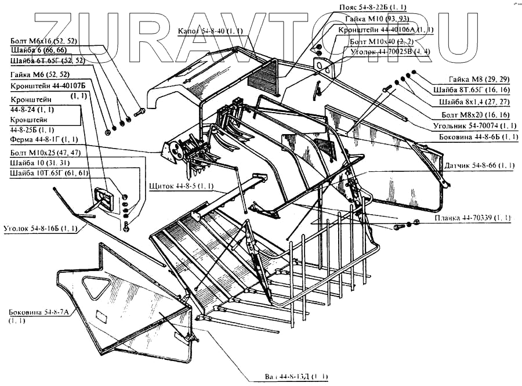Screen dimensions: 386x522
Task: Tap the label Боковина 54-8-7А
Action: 38,312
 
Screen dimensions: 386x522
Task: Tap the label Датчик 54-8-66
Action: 478,165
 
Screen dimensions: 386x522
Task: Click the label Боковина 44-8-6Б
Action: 478,137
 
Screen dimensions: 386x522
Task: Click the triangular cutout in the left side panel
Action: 97,287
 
